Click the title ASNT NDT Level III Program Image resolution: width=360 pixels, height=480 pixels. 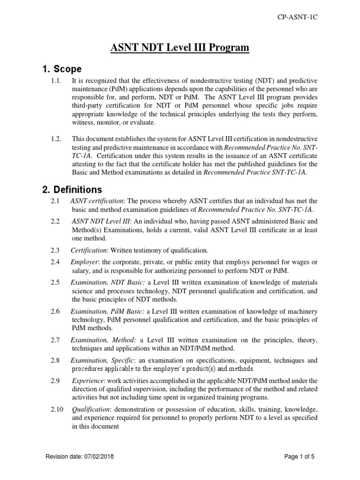[180, 47]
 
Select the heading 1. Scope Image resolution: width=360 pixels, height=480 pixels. [61, 69]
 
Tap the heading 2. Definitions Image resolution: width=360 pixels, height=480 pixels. [72, 190]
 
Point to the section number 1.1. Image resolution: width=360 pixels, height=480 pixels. [56, 81]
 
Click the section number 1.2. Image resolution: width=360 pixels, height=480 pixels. [56, 139]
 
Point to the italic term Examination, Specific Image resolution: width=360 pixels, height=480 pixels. [103, 360]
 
